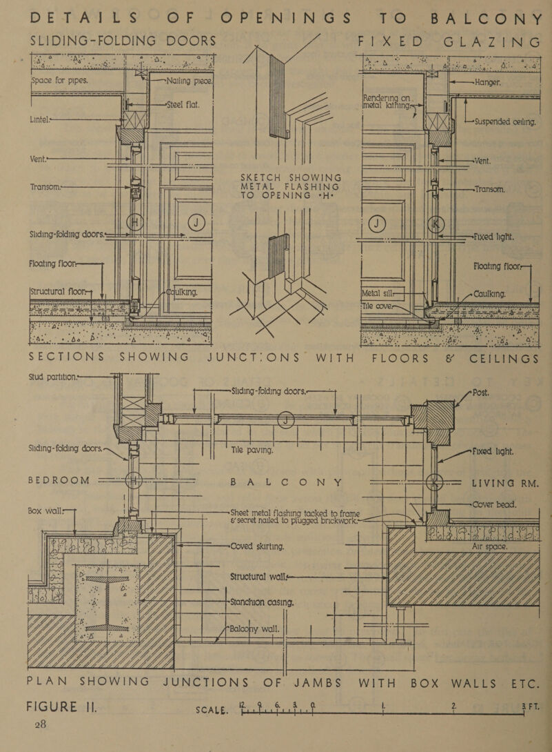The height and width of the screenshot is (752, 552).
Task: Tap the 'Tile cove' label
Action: point(382,302)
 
